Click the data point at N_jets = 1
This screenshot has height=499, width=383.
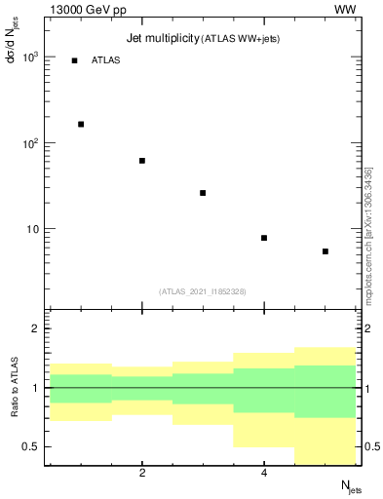point(81,124)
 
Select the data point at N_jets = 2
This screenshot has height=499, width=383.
point(142,161)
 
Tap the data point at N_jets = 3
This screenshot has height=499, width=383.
point(203,193)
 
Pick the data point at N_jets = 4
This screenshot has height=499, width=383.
point(264,238)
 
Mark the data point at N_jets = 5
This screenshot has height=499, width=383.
point(325,251)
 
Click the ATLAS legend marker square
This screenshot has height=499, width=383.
point(74,60)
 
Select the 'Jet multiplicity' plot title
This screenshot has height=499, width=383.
point(162,38)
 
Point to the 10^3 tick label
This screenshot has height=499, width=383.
point(29,58)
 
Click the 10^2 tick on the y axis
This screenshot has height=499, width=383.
point(29,143)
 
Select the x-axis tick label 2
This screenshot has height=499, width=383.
point(142,474)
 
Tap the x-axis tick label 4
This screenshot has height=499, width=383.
point(264,474)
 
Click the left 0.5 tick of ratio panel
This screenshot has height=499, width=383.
point(31,446)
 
